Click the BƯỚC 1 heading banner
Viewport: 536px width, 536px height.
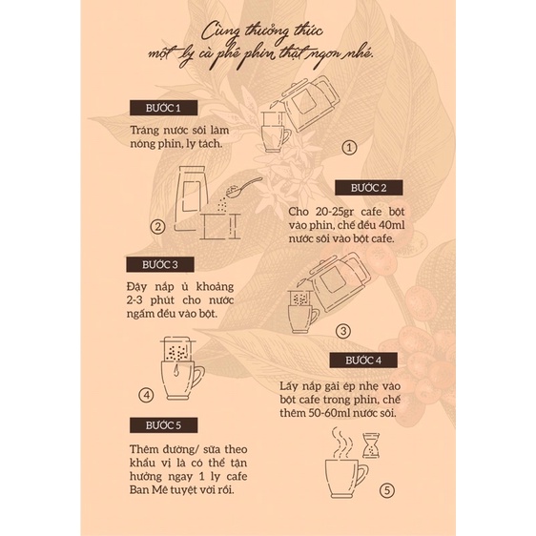point(163,108)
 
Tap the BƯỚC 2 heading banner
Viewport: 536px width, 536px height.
point(368,188)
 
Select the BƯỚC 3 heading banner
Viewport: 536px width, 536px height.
point(160,264)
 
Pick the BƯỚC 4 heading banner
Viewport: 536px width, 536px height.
point(363,361)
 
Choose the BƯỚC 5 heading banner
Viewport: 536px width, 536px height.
point(163,425)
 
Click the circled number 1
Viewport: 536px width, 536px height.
point(349,148)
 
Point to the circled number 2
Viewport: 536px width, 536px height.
point(158,227)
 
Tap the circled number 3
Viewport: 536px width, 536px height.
point(343,331)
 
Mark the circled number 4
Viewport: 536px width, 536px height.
point(146,396)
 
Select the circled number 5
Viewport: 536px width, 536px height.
point(387,490)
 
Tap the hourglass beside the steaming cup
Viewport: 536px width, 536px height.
point(371,445)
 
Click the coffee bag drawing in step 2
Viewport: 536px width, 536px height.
point(191,198)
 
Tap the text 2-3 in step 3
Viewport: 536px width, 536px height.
point(134,300)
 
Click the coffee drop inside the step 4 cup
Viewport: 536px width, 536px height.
point(176,370)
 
